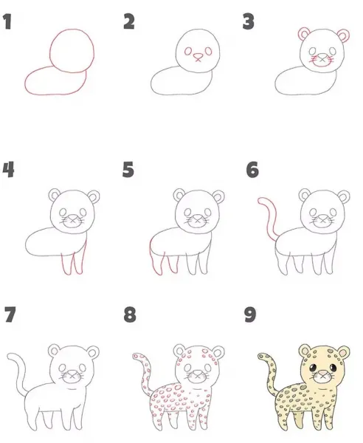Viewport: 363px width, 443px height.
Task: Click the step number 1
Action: tap(7, 22)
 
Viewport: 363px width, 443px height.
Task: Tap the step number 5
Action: tap(128, 170)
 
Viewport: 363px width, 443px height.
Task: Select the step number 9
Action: tap(250, 315)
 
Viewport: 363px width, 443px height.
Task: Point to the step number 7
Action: tap(10, 315)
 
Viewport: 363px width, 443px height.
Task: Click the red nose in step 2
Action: tap(198, 58)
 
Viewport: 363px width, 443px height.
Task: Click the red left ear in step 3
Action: tap(303, 33)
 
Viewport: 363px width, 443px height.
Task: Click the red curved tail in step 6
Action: tap(268, 218)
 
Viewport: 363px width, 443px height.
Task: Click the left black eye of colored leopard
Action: tap(313, 368)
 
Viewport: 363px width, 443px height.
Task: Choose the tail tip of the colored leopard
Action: tap(260, 356)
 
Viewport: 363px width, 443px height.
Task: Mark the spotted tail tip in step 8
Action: tap(135, 357)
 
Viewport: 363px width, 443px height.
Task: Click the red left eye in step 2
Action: tap(188, 51)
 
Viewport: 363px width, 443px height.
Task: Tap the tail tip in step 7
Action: tap(10, 357)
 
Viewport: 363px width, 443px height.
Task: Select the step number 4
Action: tap(8, 170)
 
